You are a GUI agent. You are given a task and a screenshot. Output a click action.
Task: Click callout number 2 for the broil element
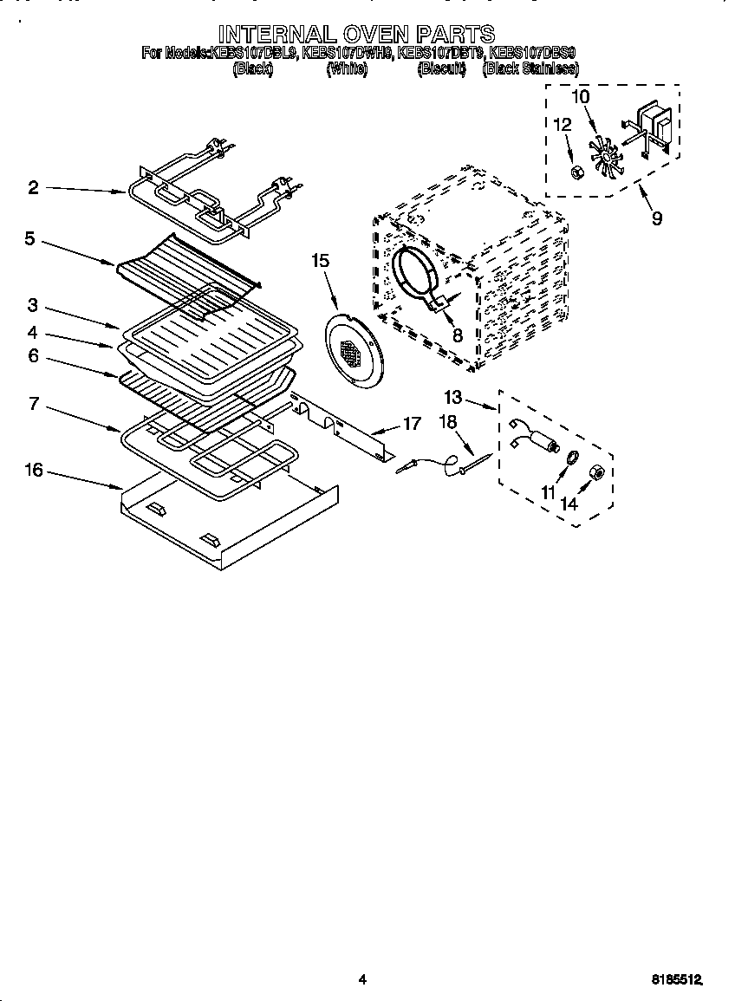pyautogui.click(x=33, y=187)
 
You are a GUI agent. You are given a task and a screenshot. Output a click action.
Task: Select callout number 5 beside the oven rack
pyautogui.click(x=29, y=238)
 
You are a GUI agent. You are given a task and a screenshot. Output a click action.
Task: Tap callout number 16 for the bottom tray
pyautogui.click(x=33, y=471)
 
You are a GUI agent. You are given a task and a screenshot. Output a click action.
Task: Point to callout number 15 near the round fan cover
pyautogui.click(x=320, y=260)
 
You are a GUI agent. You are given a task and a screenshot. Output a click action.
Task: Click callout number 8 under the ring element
pyautogui.click(x=457, y=335)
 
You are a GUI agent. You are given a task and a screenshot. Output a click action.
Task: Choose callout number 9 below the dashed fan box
pyautogui.click(x=656, y=218)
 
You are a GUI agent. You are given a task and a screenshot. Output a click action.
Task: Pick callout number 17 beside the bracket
pyautogui.click(x=412, y=424)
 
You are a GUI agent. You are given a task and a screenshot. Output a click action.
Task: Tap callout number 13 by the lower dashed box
pyautogui.click(x=453, y=398)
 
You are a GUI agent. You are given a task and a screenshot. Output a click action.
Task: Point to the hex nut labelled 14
pyautogui.click(x=597, y=472)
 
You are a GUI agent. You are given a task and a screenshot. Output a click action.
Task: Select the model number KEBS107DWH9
pyautogui.click(x=348, y=54)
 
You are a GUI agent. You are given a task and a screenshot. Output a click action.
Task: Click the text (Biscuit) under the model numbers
pyautogui.click(x=441, y=69)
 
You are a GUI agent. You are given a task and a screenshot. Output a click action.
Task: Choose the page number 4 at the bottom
pyautogui.click(x=363, y=979)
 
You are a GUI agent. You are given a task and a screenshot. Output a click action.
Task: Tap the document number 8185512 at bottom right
pyautogui.click(x=676, y=979)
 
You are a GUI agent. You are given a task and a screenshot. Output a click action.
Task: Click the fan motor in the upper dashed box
pyautogui.click(x=654, y=127)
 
